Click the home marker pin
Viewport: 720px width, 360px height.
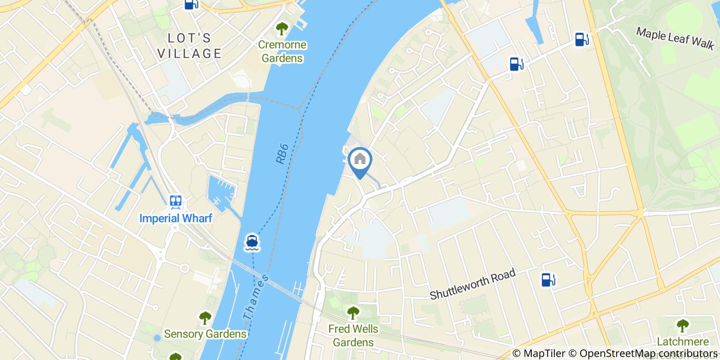tap(361, 160)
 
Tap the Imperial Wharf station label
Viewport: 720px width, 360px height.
tap(175, 218)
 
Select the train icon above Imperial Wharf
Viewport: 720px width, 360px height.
tap(176, 201)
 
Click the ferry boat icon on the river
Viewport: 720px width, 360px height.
tap(251, 242)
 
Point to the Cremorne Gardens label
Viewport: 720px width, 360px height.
tap(282, 51)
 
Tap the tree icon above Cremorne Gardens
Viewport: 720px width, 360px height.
tap(281, 28)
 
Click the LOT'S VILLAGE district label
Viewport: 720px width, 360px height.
tap(189, 45)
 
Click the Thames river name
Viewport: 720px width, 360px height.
tap(256, 297)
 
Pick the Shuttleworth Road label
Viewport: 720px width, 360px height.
tap(473, 285)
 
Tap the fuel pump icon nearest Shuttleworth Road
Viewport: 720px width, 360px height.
tap(548, 280)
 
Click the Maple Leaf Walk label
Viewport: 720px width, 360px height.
tap(675, 38)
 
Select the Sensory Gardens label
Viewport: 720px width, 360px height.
tap(205, 334)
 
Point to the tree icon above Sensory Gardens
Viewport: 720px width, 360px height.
tap(205, 318)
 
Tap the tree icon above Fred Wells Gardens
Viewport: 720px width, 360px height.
tap(353, 312)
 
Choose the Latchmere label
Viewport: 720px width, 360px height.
tap(683, 341)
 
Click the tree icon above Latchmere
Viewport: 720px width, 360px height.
tap(682, 325)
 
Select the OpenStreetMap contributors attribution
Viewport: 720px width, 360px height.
tap(649, 353)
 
